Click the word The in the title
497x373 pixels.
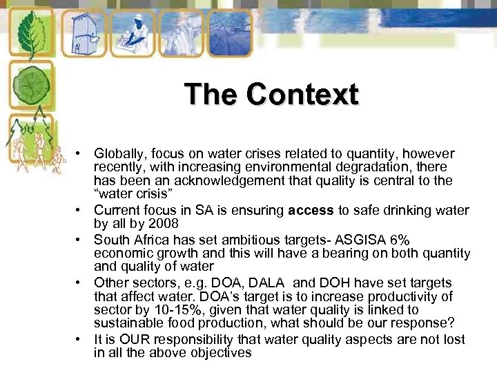point(212,94)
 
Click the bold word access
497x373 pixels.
point(311,210)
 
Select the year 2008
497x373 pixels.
point(163,223)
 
